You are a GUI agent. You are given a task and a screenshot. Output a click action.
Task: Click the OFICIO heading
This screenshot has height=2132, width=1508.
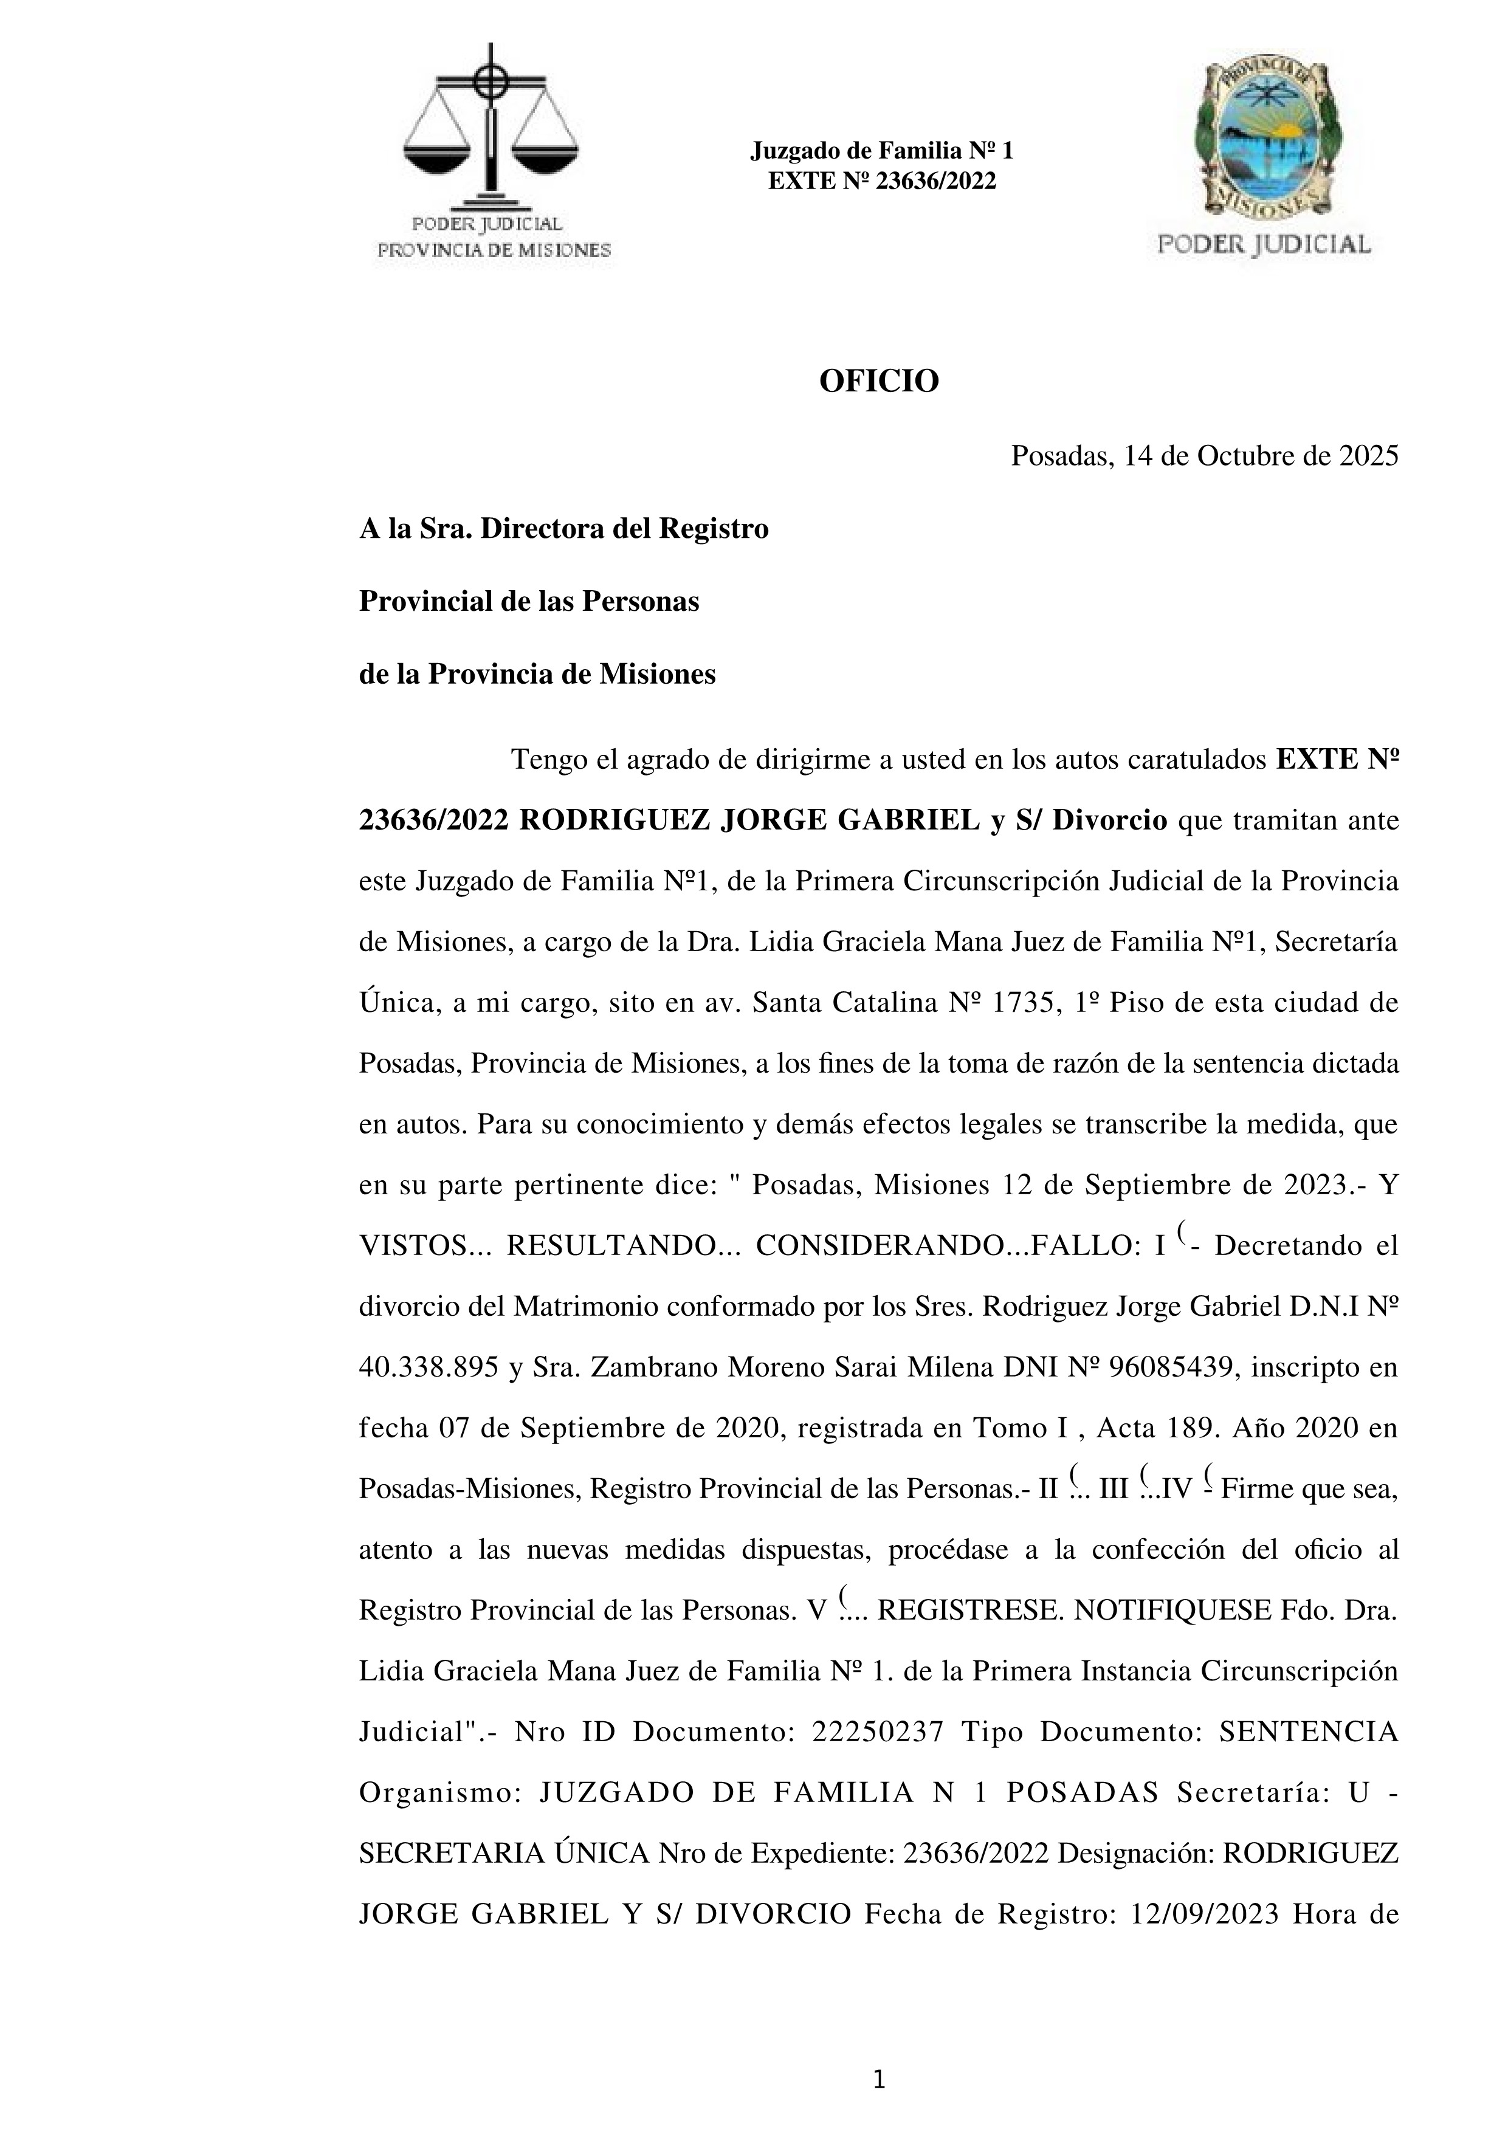pyautogui.click(x=878, y=380)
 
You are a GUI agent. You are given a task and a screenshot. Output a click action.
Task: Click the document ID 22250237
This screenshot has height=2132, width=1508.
pyautogui.click(x=878, y=1731)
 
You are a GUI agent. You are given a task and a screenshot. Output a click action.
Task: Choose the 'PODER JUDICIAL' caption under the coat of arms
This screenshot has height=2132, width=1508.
pyautogui.click(x=1264, y=244)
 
